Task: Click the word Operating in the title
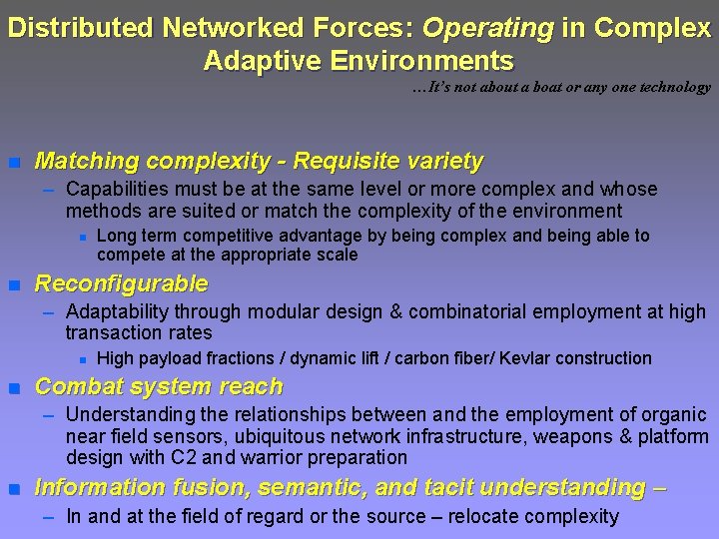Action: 495,29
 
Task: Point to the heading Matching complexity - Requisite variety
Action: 259,161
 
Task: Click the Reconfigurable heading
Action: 121,283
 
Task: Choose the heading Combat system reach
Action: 159,387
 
